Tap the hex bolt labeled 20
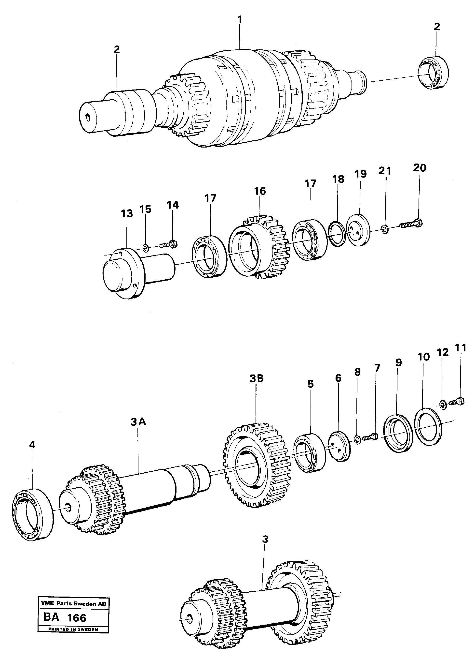click(x=411, y=224)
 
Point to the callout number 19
click(x=361, y=174)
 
